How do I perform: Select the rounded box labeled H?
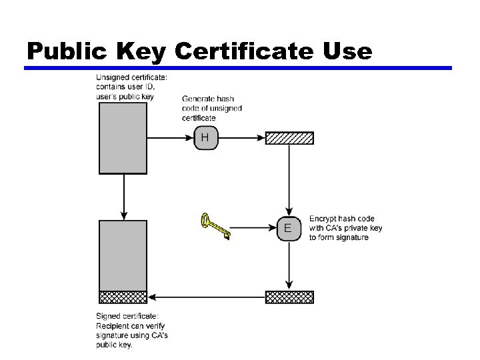pos(205,138)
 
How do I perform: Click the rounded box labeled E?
pos(288,229)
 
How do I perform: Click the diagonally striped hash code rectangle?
pos(289,138)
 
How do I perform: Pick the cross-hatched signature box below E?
pos(289,297)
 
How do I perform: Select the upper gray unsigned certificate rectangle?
pos(123,138)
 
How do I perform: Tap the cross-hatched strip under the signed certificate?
pos(123,297)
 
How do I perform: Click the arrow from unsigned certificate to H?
pos(170,138)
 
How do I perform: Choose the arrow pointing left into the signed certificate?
pos(207,297)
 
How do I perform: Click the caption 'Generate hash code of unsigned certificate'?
pos(212,109)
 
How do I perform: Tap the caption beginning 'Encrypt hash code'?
pos(345,228)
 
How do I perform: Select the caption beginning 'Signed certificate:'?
pos(132,330)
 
